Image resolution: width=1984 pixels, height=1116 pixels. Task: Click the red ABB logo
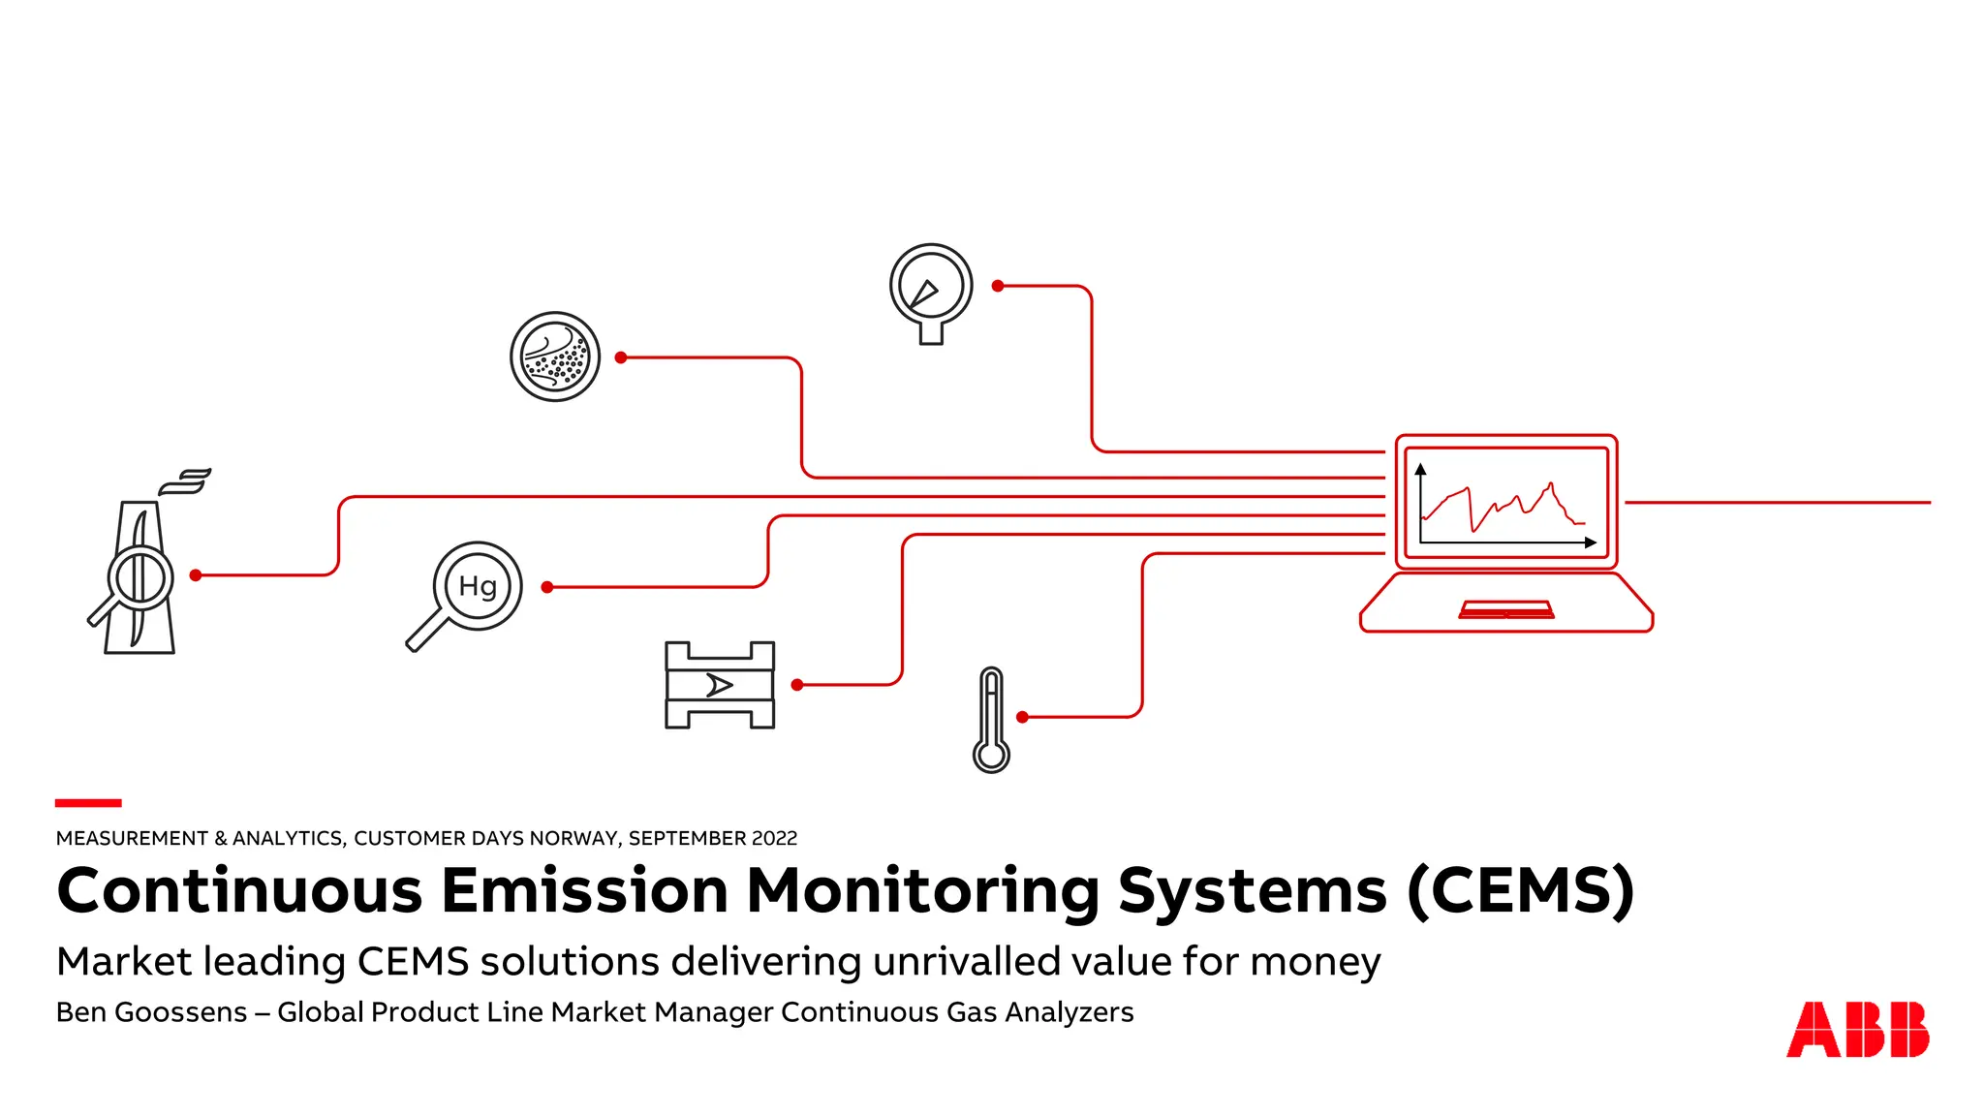pyautogui.click(x=1857, y=1029)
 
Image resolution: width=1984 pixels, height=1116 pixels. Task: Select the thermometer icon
pyautogui.click(x=991, y=719)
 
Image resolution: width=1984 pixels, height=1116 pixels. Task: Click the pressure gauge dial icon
pyautogui.click(x=931, y=290)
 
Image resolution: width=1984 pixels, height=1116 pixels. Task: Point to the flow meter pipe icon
pyautogui.click(x=720, y=685)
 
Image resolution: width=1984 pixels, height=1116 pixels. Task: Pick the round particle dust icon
pyautogui.click(x=555, y=356)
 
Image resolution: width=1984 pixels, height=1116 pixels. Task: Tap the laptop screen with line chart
pyautogui.click(x=1505, y=502)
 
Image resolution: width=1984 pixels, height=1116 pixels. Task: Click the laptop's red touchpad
pyautogui.click(x=1506, y=609)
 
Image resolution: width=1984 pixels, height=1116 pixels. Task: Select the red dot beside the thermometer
pyautogui.click(x=1022, y=717)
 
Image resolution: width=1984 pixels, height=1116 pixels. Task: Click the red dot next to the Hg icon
pyautogui.click(x=547, y=587)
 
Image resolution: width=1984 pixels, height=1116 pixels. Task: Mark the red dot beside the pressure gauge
pyautogui.click(x=998, y=286)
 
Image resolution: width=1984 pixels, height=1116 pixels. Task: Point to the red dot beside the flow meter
pyautogui.click(x=797, y=685)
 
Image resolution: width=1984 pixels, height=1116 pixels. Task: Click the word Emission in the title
pyautogui.click(x=584, y=890)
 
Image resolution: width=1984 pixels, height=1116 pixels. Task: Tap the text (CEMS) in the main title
pyautogui.click(x=1520, y=890)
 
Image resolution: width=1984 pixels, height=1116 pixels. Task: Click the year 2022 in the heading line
pyautogui.click(x=771, y=838)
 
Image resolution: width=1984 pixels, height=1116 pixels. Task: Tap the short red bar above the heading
pyautogui.click(x=88, y=802)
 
